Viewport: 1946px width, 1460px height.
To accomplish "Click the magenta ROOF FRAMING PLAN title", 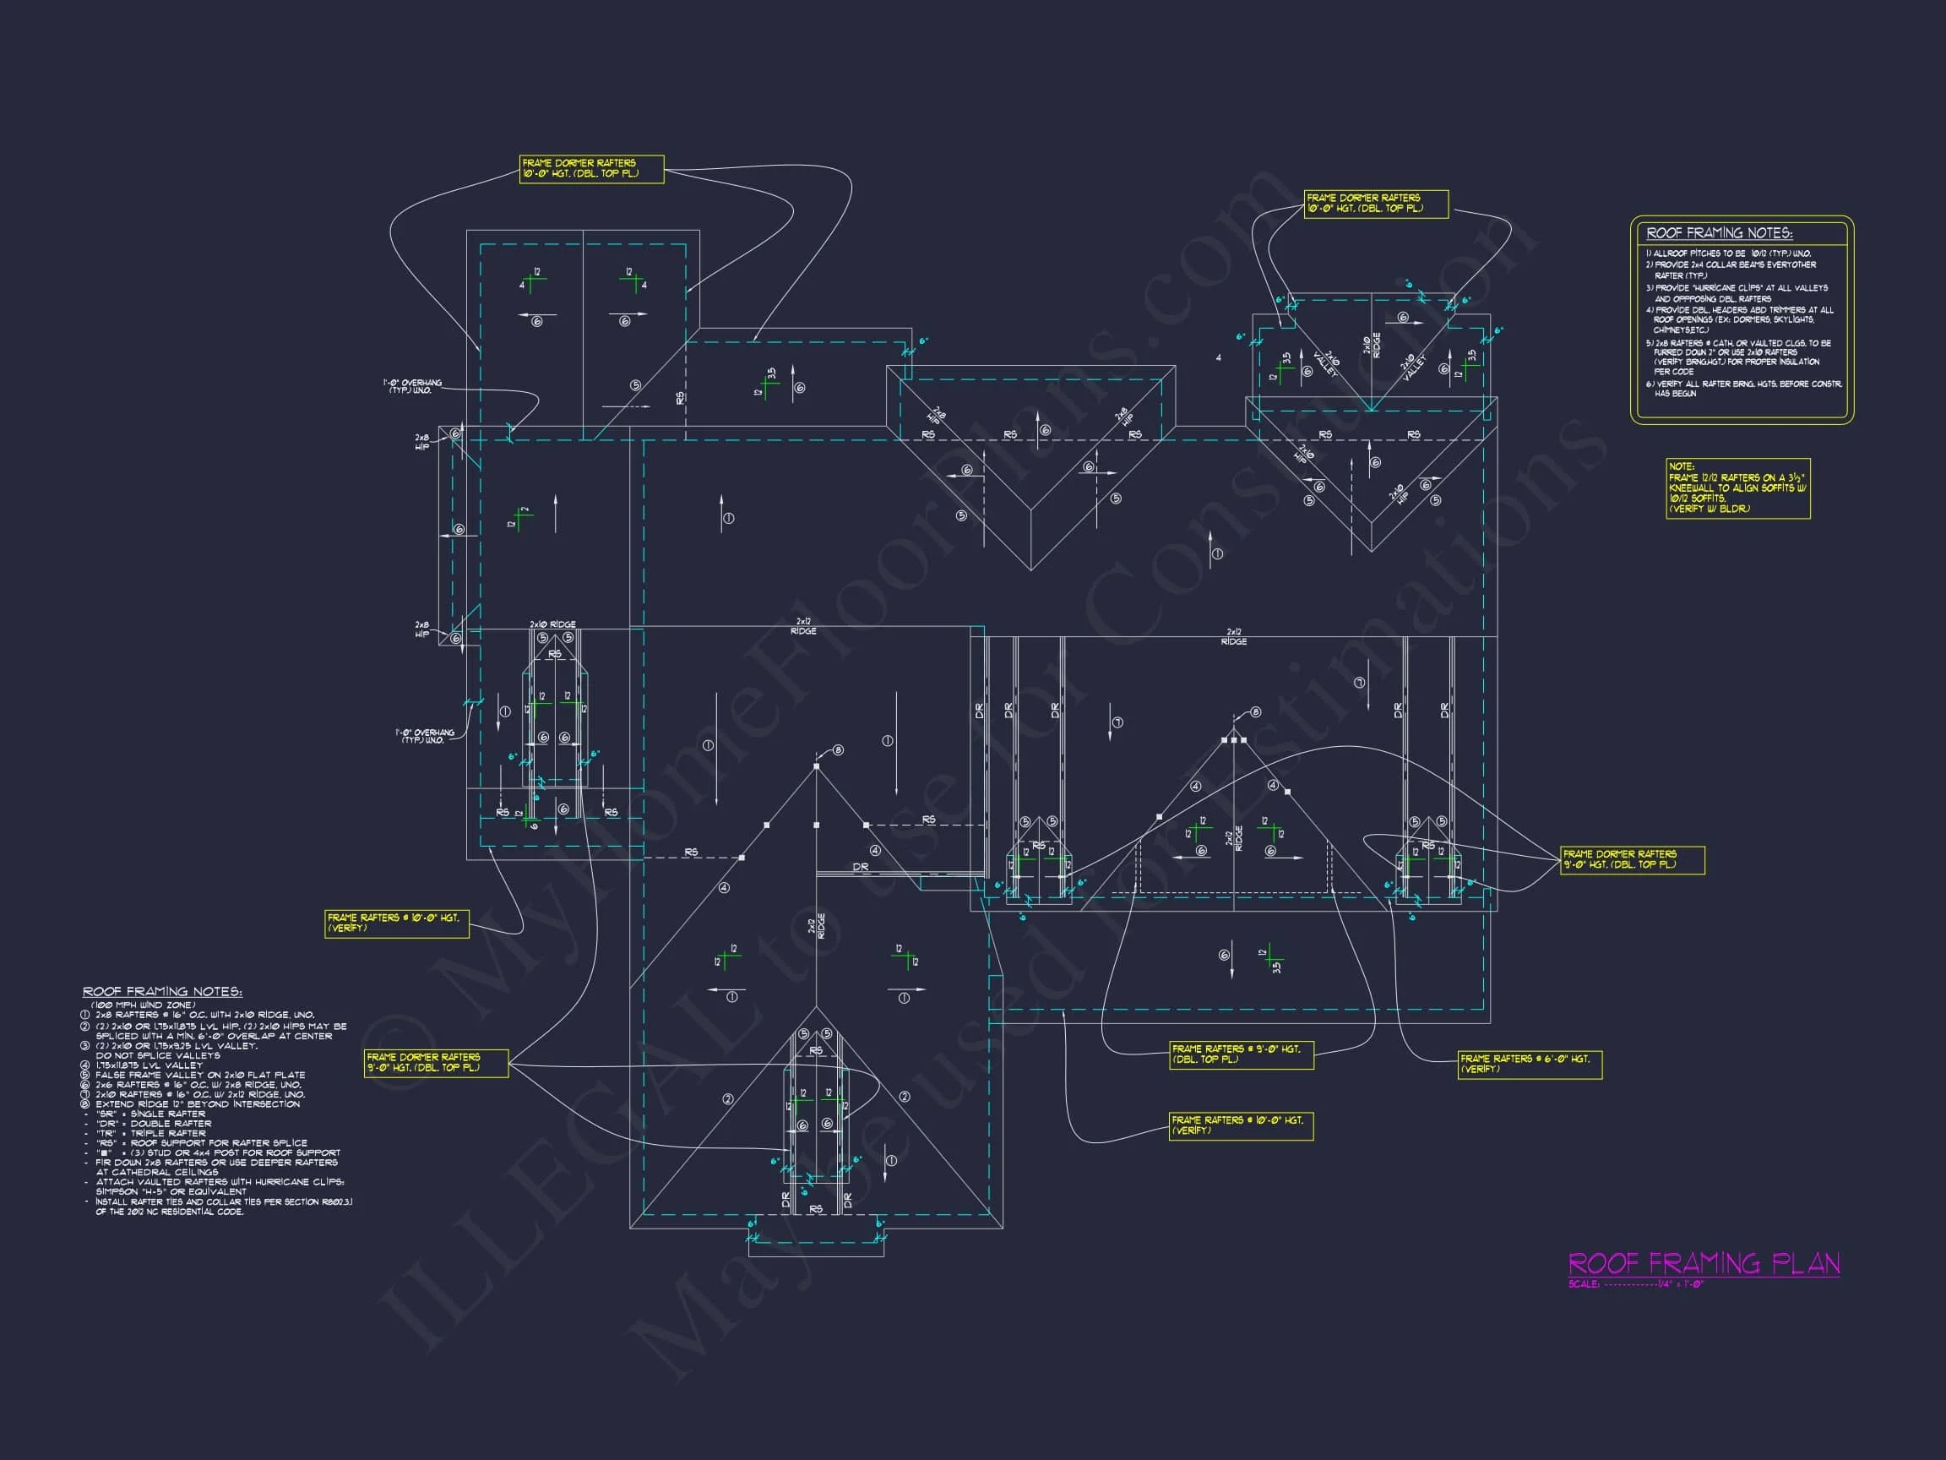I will click(1704, 1265).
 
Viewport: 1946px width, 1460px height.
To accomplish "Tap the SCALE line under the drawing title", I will click(1636, 1284).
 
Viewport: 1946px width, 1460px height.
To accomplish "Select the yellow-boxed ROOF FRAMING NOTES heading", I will click(1718, 233).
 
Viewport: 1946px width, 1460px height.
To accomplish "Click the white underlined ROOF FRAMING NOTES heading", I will click(162, 992).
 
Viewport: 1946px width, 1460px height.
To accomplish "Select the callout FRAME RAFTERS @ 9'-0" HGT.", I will click(1242, 1054).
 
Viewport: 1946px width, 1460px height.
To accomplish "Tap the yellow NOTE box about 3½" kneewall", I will click(1737, 488).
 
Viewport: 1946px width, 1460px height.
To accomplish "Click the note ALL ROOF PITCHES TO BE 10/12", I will click(1728, 253).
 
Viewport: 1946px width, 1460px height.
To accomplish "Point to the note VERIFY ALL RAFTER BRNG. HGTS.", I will click(1743, 384).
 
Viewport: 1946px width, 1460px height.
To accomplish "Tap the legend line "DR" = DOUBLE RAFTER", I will click(153, 1124).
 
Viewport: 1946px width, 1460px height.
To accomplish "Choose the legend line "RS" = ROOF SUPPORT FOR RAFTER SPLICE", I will click(202, 1143).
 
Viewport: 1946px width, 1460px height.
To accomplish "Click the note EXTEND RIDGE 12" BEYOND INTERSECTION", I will click(197, 1104).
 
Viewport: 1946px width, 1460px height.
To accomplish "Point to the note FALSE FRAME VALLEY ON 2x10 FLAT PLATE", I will click(199, 1075).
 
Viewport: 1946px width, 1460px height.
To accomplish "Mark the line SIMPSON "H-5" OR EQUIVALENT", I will click(171, 1191).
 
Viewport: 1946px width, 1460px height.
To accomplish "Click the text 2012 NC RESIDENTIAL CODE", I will click(176, 1212).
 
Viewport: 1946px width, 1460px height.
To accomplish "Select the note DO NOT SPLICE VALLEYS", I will click(157, 1055).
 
